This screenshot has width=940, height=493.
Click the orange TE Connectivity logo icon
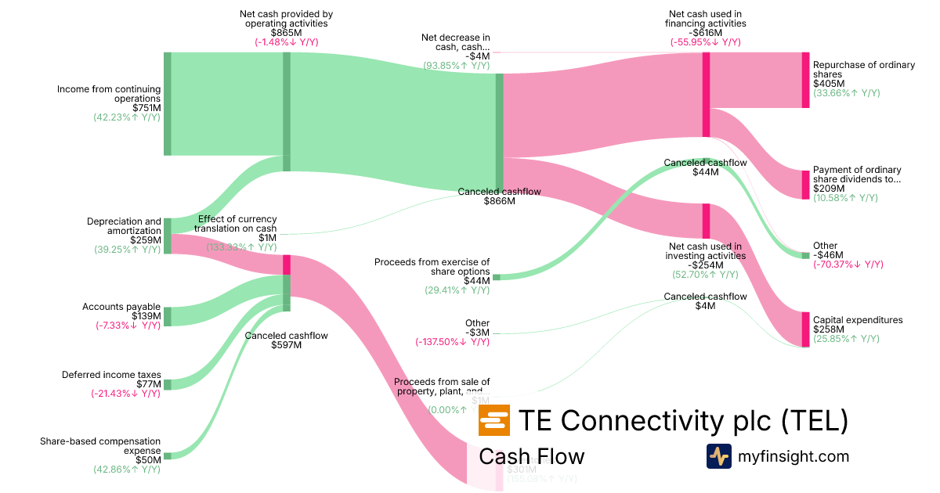[x=493, y=421]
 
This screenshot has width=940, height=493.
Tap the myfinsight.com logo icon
[x=718, y=456]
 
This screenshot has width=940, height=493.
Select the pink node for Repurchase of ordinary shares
[x=805, y=80]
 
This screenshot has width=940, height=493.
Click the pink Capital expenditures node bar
[x=805, y=329]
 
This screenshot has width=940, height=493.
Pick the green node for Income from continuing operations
[x=167, y=104]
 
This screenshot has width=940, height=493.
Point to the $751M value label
[x=145, y=108]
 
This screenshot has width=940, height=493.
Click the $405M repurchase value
[x=829, y=83]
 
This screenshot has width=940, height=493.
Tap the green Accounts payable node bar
[x=167, y=316]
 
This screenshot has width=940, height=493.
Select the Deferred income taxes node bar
[x=167, y=384]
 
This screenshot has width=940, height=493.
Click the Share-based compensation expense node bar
[x=167, y=455]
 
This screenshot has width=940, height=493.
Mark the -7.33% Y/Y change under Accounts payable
[x=128, y=326]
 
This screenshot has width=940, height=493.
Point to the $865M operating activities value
[x=286, y=33]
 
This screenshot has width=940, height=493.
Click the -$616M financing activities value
[x=705, y=33]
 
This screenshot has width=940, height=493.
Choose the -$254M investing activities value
[x=705, y=265]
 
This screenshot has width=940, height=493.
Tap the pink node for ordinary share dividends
[x=805, y=185]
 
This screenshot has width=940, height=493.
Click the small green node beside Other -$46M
[x=805, y=255]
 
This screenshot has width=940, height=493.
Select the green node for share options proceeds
[x=496, y=277]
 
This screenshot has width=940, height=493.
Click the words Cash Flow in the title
[x=531, y=456]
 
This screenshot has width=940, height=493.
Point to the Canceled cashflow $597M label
[x=286, y=340]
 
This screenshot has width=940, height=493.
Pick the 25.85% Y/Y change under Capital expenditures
[x=846, y=339]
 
